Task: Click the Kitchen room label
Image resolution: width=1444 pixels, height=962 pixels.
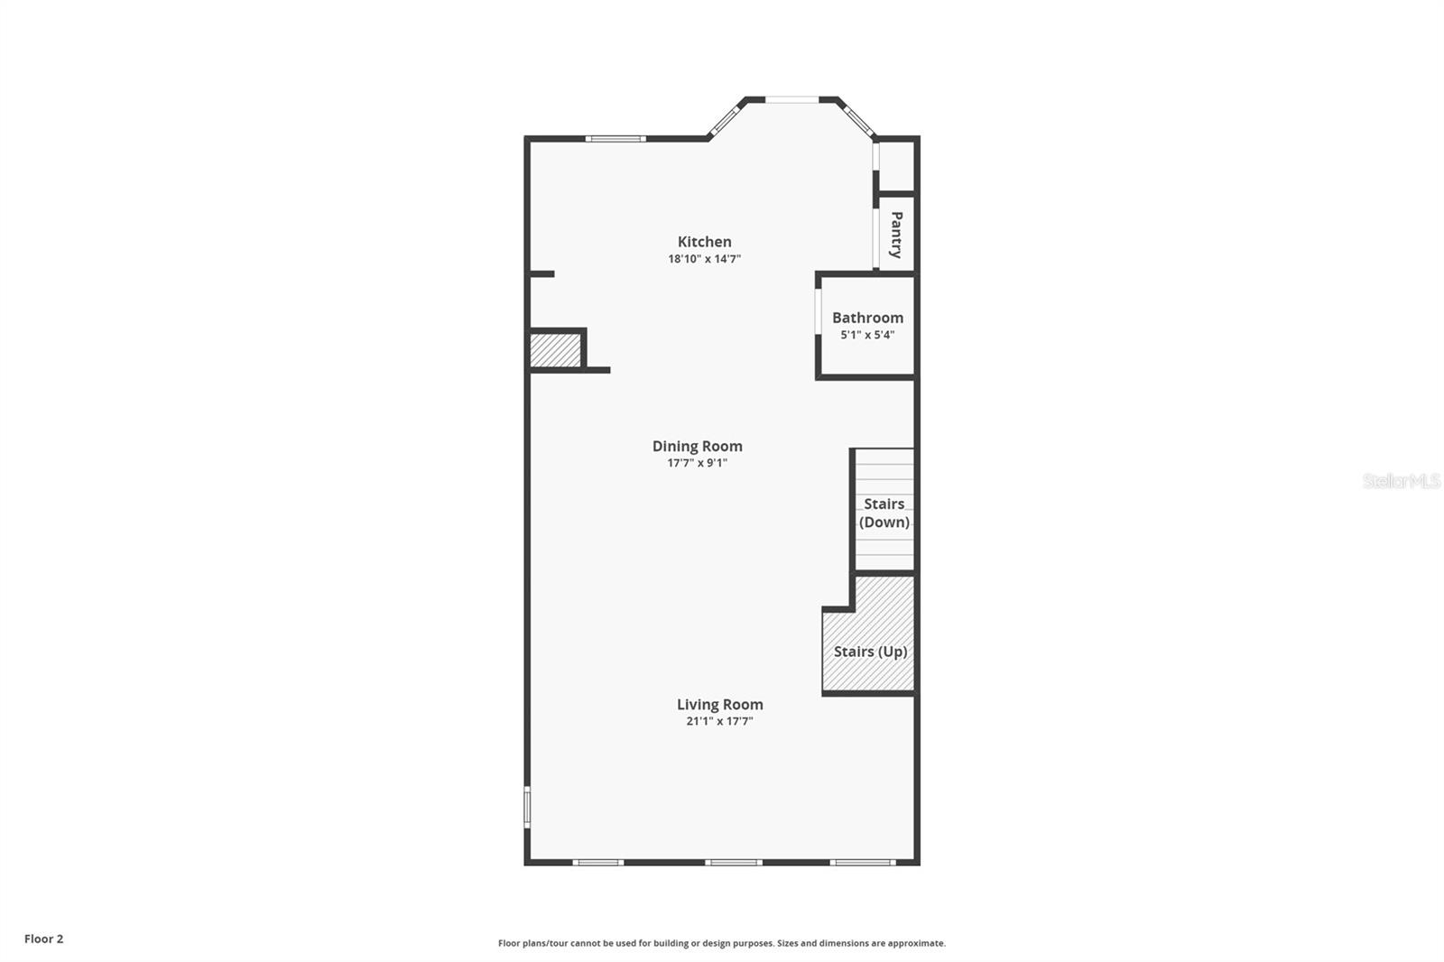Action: (704, 242)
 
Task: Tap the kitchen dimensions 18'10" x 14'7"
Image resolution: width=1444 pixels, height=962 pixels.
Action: (704, 259)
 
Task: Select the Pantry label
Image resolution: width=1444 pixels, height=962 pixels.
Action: (896, 235)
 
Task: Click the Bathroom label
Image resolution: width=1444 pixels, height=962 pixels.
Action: (867, 318)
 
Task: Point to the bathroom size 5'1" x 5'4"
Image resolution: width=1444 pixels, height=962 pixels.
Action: (867, 335)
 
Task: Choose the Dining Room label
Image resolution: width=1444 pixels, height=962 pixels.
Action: (697, 446)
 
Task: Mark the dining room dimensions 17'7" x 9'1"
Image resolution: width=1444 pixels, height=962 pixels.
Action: (697, 463)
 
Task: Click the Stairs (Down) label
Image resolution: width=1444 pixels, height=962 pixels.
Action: (884, 513)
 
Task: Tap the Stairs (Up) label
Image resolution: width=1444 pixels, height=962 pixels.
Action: (870, 652)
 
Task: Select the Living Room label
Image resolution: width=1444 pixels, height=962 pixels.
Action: (719, 705)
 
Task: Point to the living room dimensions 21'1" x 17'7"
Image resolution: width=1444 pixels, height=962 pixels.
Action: (719, 721)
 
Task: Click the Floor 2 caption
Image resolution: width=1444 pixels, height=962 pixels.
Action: (43, 939)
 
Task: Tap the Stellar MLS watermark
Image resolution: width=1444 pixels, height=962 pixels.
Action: (1401, 481)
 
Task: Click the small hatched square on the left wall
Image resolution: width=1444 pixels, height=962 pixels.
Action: (554, 350)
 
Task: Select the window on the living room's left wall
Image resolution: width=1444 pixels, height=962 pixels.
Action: (527, 807)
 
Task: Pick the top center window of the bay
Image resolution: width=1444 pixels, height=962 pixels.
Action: (791, 99)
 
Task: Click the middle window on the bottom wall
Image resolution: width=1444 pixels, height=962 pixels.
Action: (733, 863)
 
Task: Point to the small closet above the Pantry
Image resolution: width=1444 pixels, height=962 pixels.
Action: (896, 166)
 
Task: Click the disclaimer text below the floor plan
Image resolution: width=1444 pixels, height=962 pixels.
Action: (721, 943)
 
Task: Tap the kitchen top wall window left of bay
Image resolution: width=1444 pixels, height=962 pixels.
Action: (615, 139)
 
